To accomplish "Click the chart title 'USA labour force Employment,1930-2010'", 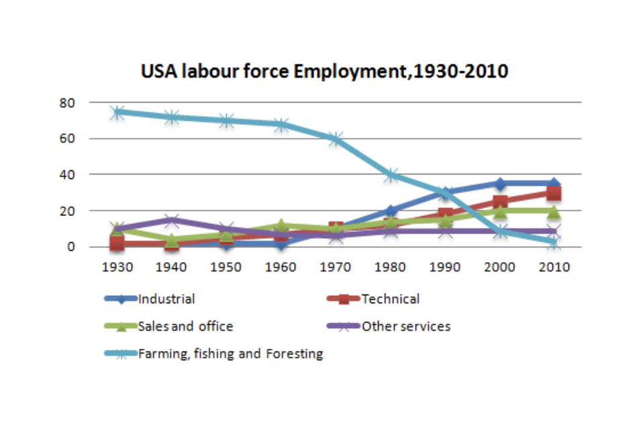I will pos(324,71).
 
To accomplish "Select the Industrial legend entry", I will pos(166,299).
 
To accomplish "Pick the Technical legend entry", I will pos(390,299).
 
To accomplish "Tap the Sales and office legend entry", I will pos(185,327).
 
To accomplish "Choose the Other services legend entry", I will pos(405,327).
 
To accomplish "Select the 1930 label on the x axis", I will pos(118,267).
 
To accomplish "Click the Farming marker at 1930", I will pos(118,112).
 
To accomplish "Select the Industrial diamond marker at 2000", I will pos(499,183).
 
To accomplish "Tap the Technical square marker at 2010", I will pos(553,193).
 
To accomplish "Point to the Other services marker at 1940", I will pos(172,220).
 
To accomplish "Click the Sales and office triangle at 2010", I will pos(553,211).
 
